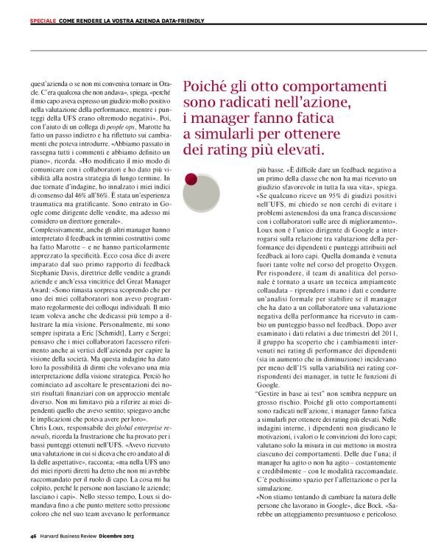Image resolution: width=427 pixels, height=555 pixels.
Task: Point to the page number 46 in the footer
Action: coord(33,536)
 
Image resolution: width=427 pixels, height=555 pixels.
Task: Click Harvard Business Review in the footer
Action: coord(73,536)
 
